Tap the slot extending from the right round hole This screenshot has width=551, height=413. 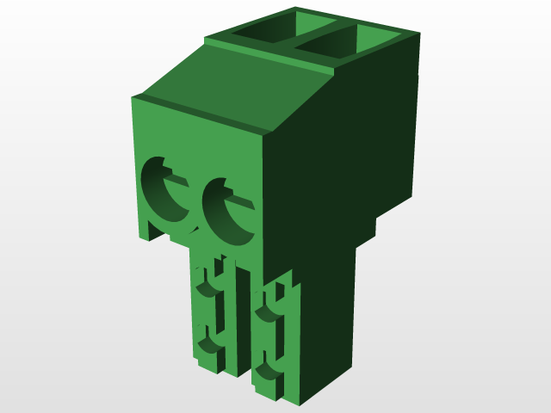242,203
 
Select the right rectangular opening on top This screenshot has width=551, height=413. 331,48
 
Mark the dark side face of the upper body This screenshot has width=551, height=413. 344,146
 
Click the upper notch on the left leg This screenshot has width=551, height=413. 206,284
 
